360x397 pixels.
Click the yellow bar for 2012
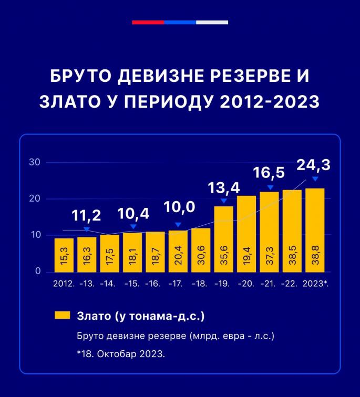[64, 255]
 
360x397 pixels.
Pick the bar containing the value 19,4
[246, 234]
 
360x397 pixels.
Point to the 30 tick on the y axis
[35, 162]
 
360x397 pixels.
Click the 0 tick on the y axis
[38, 271]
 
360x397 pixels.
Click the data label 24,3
[314, 165]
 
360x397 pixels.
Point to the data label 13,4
[223, 187]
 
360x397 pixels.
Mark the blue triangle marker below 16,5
[270, 187]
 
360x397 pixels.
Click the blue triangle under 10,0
[178, 225]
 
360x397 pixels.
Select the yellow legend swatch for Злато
[62, 316]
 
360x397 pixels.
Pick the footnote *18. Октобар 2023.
[121, 354]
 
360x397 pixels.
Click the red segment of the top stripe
[148, 23]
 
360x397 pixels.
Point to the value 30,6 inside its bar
[201, 258]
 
